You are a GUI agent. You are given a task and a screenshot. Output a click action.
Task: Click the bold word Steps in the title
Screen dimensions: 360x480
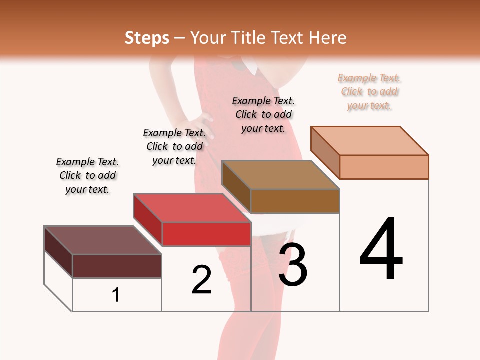coord(146,38)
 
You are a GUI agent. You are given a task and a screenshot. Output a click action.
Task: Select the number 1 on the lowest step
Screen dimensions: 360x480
coord(116,295)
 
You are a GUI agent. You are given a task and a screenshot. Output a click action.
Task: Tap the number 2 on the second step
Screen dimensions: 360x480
coord(202,280)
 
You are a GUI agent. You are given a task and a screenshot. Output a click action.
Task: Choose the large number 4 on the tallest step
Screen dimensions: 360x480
coord(381,250)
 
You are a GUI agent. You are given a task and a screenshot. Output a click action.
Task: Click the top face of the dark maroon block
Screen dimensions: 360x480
coord(103,240)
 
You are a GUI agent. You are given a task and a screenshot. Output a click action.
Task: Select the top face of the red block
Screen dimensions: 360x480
coord(192,208)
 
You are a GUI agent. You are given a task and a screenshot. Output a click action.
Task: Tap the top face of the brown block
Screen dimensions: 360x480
coord(281,175)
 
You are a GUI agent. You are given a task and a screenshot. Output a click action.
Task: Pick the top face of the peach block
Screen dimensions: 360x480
coord(370,141)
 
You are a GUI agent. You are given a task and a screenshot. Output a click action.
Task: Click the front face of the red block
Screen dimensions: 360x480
coord(206,234)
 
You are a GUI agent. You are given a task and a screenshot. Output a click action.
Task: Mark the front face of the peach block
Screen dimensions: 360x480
coord(384,167)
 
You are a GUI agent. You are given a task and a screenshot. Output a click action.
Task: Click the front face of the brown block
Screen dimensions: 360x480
coord(295,201)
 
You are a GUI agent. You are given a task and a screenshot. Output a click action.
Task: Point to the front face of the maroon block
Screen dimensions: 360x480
coord(117,266)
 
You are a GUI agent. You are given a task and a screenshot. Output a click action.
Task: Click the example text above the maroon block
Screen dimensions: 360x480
coord(87,175)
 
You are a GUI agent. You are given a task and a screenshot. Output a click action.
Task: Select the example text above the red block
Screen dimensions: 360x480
coord(174,146)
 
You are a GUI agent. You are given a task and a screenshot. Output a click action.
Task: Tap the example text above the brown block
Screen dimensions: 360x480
coord(263,114)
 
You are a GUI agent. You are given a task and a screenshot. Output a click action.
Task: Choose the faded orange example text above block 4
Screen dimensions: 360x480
coord(369,91)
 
